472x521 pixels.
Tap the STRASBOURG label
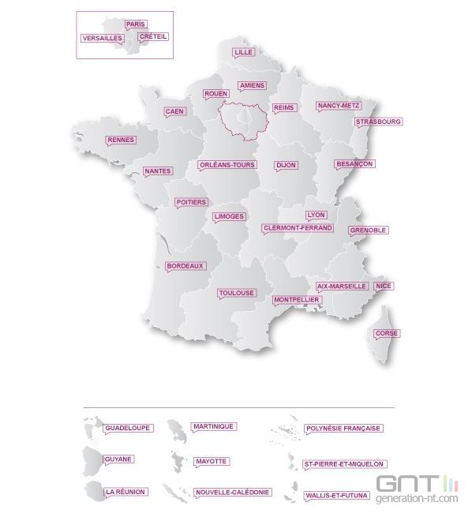(x=378, y=122)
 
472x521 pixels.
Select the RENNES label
(x=121, y=141)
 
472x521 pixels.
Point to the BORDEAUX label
(x=185, y=267)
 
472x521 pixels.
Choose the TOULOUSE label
(x=237, y=293)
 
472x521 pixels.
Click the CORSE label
(x=387, y=333)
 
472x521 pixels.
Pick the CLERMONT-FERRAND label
(x=298, y=228)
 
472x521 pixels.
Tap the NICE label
(x=384, y=286)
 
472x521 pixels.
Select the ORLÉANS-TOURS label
(x=227, y=165)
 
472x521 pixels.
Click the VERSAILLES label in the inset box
(x=102, y=38)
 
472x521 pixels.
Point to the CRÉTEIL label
(x=152, y=36)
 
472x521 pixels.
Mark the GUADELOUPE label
(x=126, y=428)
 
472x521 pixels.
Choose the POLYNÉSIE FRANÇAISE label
(x=343, y=429)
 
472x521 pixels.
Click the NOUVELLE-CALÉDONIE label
(x=233, y=492)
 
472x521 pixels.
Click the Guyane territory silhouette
(x=92, y=459)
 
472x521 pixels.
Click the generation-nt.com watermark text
(x=418, y=500)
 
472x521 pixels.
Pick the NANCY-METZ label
(x=338, y=106)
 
